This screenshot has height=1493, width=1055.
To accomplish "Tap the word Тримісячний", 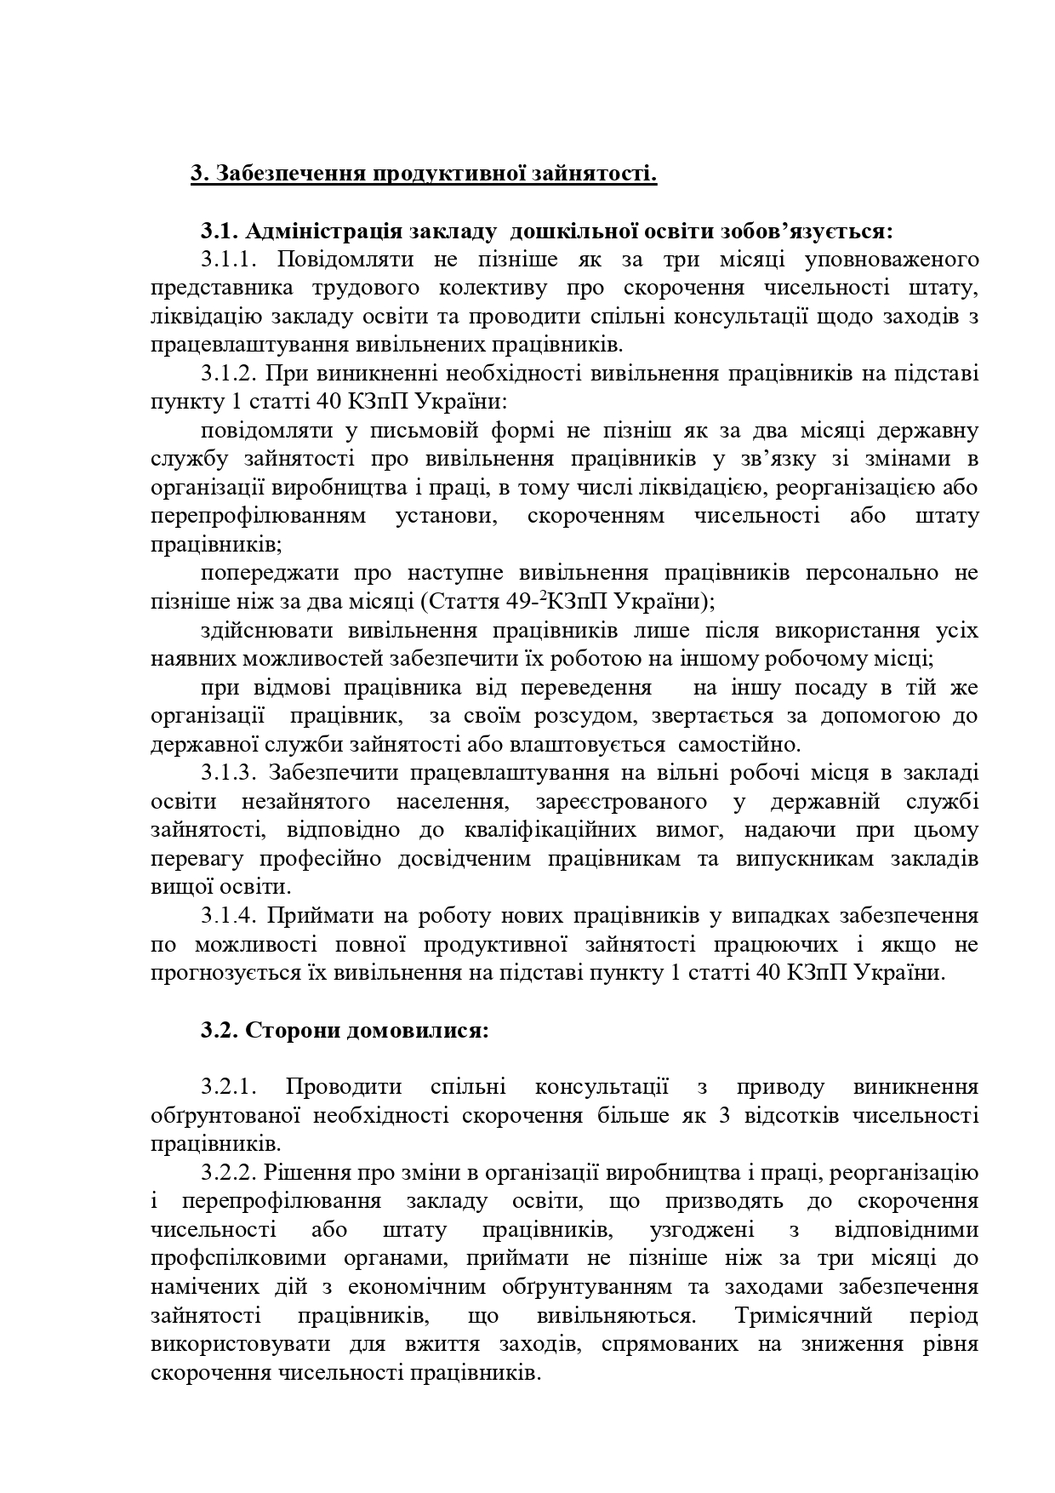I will [x=804, y=1315].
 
